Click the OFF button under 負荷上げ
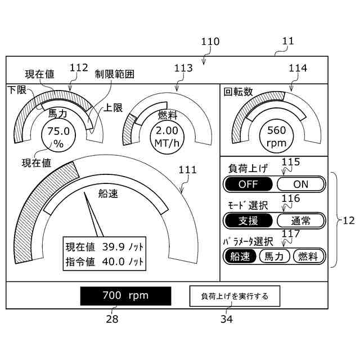(248, 184)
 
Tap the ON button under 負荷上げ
(301, 184)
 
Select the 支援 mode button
(248, 220)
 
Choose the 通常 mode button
(301, 220)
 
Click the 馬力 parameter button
(274, 256)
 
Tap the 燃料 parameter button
(309, 256)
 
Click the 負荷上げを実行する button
(234, 295)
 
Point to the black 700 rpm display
(125, 295)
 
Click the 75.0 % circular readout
(58, 137)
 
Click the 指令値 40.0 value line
(105, 262)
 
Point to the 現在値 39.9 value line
(105, 246)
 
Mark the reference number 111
(187, 170)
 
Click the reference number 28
(112, 319)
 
